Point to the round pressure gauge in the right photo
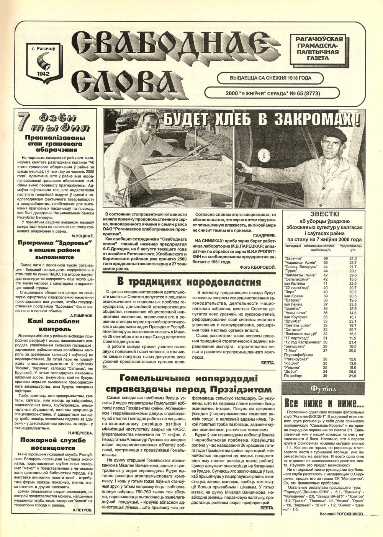262,155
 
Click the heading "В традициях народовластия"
189,282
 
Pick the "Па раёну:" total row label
293,376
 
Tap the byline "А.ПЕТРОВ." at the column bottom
82,510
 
